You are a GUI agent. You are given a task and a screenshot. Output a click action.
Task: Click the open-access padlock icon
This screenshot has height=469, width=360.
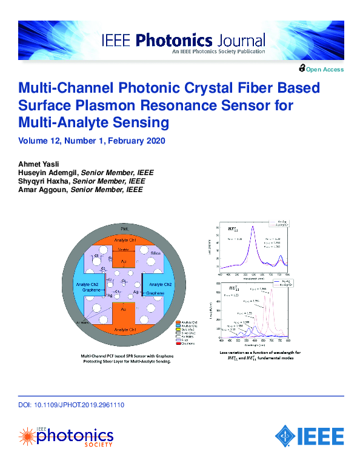tap(302, 69)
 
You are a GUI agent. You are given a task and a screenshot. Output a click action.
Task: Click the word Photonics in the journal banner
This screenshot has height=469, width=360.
tap(174, 41)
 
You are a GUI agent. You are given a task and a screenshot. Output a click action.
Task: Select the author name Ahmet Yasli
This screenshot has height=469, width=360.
tap(35, 164)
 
